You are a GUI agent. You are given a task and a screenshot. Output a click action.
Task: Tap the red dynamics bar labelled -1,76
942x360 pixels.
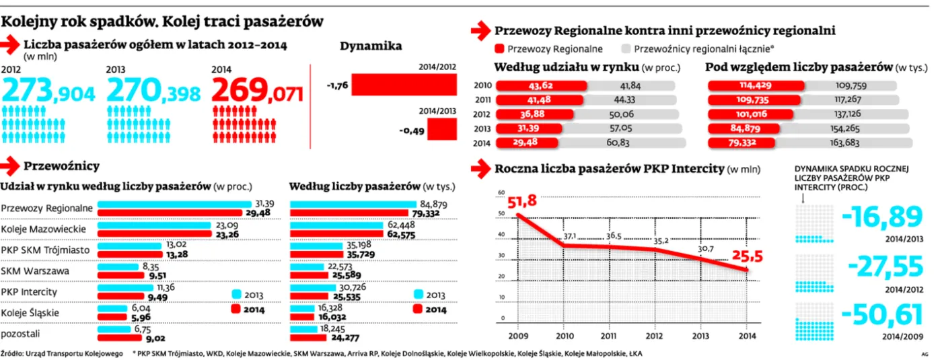pyautogui.click(x=403, y=85)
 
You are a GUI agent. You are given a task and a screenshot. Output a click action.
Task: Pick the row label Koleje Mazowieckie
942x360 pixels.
pyautogui.click(x=43, y=229)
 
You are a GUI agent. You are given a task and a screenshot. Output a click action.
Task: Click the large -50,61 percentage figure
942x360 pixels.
pyautogui.click(x=882, y=316)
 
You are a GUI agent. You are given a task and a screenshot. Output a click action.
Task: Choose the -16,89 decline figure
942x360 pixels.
pyautogui.click(x=882, y=217)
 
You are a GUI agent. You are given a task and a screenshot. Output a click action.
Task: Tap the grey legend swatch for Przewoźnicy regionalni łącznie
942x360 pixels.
pyautogui.click(x=625, y=49)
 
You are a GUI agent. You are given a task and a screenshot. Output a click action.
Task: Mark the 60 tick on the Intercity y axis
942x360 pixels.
pyautogui.click(x=501, y=193)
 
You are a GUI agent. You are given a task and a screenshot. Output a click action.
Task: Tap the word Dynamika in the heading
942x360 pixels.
pyautogui.click(x=371, y=46)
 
